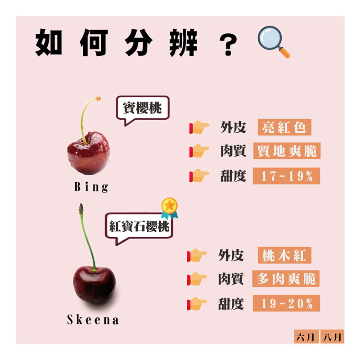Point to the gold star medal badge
[x=169, y=207]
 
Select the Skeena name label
[x=93, y=320]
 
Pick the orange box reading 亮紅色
[x=284, y=127]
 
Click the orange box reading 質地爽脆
[x=286, y=151]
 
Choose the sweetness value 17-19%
[x=287, y=176]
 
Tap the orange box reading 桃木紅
[x=284, y=256]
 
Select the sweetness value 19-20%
[x=287, y=304]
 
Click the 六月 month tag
[x=306, y=336]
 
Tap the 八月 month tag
[x=332, y=336]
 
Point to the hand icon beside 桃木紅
[x=197, y=256]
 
